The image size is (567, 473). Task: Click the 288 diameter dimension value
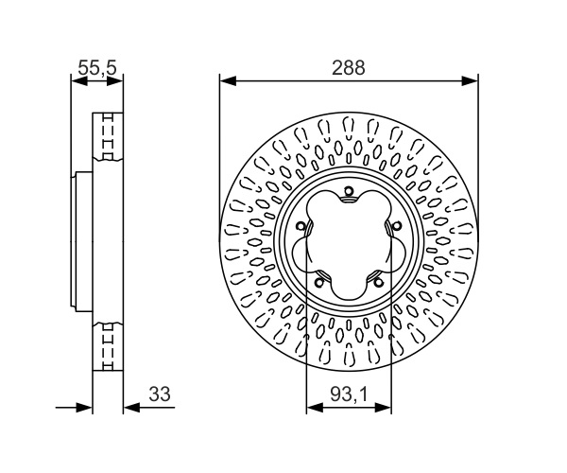coord(349,68)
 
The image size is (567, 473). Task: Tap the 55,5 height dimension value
coord(97,67)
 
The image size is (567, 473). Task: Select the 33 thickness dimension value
coord(160,394)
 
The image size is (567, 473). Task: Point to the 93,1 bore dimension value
coord(349,394)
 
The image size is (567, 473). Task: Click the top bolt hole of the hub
coord(349,191)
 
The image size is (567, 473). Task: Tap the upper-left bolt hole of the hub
coord(301,226)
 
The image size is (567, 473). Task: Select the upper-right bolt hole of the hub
coord(397,226)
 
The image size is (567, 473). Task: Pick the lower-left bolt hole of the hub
coord(319,282)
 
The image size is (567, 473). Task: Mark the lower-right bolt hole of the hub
coord(378,282)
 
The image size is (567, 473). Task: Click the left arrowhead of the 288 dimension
coord(228,81)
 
